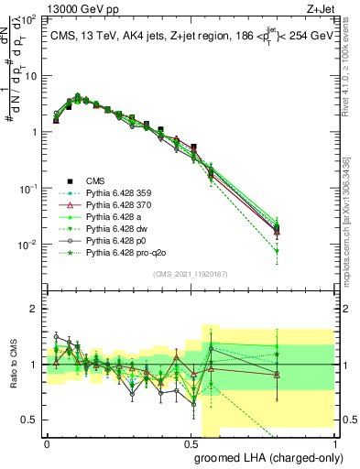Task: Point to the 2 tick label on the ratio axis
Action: click(x=33, y=309)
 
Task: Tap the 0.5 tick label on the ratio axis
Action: click(x=28, y=420)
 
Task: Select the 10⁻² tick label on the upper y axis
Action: click(x=28, y=245)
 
